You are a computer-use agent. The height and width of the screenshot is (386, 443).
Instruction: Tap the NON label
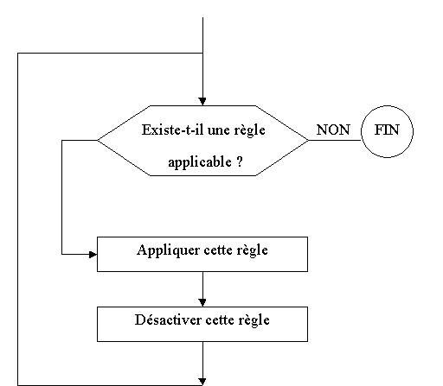pyautogui.click(x=333, y=130)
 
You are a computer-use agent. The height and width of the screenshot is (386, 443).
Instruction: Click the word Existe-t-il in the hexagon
pyautogui.click(x=173, y=130)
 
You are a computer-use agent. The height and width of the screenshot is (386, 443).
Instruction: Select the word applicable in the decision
pyautogui.click(x=200, y=162)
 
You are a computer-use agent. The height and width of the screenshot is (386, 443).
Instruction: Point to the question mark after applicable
pyautogui.click(x=240, y=161)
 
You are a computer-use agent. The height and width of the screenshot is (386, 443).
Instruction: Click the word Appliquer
pyautogui.click(x=168, y=250)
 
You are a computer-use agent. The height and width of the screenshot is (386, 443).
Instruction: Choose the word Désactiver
pyautogui.click(x=168, y=320)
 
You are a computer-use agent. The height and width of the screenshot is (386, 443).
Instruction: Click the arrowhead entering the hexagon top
pyautogui.click(x=202, y=101)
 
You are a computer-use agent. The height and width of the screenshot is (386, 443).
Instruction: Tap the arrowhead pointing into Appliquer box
pyautogui.click(x=93, y=255)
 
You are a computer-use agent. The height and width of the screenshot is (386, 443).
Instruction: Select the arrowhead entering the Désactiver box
pyautogui.click(x=202, y=302)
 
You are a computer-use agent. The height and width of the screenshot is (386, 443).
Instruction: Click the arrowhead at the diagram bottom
pyautogui.click(x=202, y=382)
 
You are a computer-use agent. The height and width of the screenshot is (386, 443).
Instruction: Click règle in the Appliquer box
pyautogui.click(x=253, y=250)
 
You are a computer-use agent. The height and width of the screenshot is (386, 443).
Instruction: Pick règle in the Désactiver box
pyautogui.click(x=254, y=320)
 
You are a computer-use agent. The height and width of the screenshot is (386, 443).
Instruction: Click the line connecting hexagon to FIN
pyautogui.click(x=335, y=140)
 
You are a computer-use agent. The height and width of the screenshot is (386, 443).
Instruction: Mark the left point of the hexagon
pyautogui.click(x=98, y=140)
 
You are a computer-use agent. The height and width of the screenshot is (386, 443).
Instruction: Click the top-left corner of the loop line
pyautogui.click(x=18, y=54)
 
